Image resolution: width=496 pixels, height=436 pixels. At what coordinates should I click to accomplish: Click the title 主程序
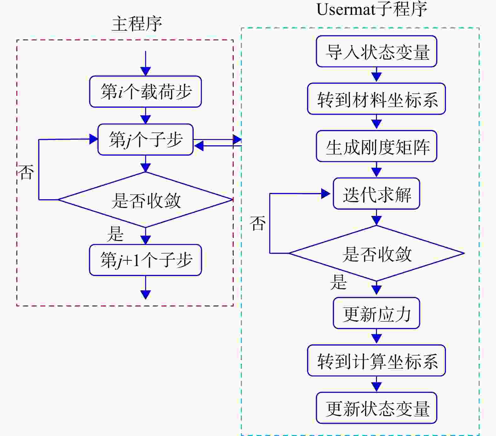(137, 24)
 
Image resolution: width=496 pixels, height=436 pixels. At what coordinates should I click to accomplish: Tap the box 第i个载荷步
(145, 91)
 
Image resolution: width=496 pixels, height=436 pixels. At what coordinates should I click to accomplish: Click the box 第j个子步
(145, 139)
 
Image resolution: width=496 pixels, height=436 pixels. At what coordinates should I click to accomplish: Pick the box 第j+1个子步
(145, 260)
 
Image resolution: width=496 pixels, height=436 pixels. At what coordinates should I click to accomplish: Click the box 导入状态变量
(377, 51)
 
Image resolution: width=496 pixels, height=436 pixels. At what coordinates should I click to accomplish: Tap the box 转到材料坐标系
(377, 99)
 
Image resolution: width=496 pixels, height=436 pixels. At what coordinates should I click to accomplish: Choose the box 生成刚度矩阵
(377, 146)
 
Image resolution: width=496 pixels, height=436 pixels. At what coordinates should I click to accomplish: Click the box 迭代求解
(377, 194)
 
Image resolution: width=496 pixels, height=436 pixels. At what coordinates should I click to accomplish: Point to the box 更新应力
(377, 313)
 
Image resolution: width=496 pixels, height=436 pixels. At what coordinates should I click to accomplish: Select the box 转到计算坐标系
(377, 360)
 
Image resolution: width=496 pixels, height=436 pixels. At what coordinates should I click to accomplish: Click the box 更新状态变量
(377, 408)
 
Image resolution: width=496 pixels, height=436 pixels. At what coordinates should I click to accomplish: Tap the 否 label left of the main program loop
(26, 172)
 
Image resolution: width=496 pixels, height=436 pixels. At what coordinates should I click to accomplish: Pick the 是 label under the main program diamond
(115, 234)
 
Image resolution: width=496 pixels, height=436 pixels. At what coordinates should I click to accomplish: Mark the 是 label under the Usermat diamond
(339, 282)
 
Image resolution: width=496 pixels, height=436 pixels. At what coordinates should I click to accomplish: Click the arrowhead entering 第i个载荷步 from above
(145, 71)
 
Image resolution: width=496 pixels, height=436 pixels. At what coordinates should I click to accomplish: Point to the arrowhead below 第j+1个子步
(145, 295)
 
